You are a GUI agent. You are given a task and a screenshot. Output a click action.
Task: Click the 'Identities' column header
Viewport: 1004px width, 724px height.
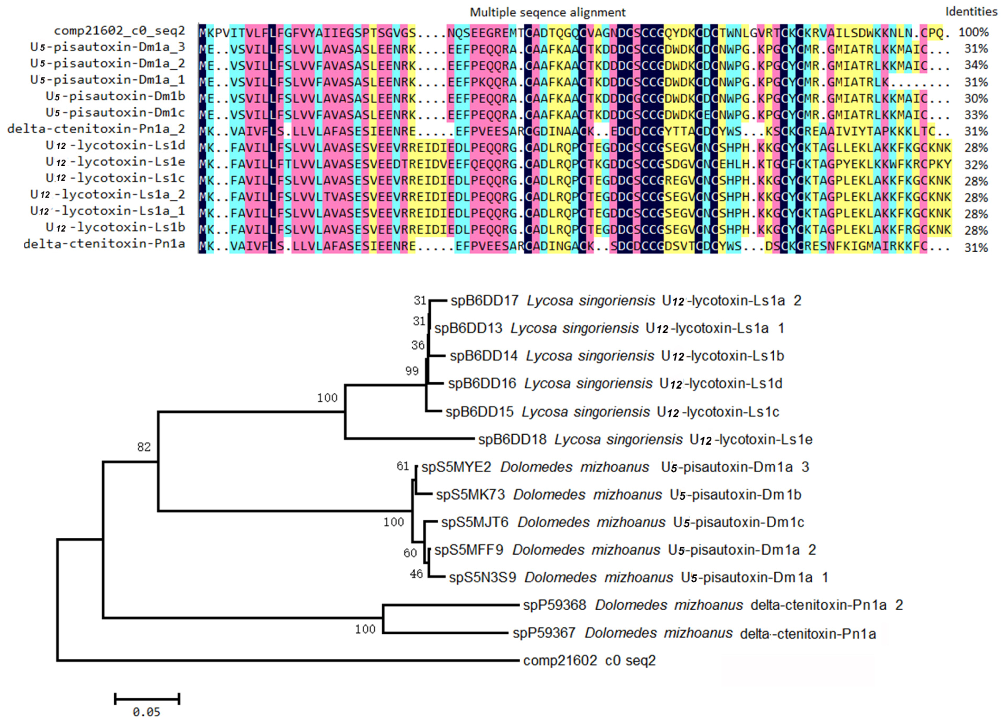click(x=971, y=12)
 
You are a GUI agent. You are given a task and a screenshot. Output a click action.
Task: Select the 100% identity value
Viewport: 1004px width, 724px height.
click(x=973, y=32)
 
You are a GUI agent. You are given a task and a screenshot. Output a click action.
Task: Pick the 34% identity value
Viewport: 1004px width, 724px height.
click(x=976, y=65)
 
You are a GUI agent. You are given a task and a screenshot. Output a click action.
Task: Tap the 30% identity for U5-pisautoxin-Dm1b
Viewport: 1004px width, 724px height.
click(x=976, y=98)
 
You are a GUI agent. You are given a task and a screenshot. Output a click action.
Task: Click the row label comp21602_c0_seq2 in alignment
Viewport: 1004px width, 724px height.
click(x=119, y=31)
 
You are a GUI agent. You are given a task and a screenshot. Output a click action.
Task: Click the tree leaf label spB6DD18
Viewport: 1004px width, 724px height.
click(x=512, y=440)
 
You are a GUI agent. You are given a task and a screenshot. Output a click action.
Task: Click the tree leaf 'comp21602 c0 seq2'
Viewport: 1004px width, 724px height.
click(x=589, y=661)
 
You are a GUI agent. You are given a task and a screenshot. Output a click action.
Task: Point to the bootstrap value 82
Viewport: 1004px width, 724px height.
click(x=144, y=447)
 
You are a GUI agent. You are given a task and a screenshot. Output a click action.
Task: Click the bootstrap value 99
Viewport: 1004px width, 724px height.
click(x=412, y=371)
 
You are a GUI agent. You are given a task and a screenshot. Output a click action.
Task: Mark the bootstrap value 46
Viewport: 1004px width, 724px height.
click(x=416, y=574)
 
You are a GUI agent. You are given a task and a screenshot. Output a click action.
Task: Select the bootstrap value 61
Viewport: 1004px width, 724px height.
click(x=402, y=466)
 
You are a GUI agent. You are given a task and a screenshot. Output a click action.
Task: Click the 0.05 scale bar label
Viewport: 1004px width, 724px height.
click(x=146, y=712)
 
